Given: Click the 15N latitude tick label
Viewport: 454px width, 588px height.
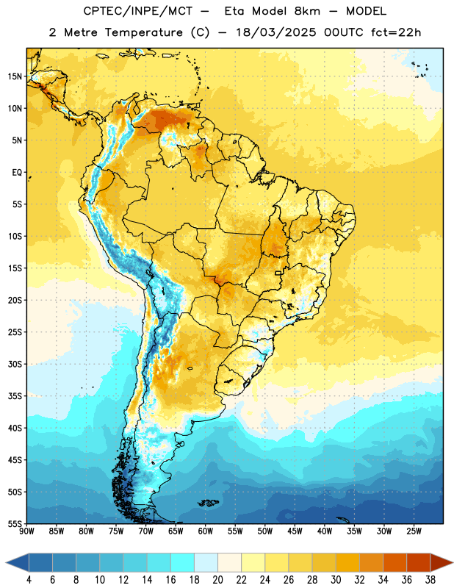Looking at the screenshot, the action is [x=15, y=76].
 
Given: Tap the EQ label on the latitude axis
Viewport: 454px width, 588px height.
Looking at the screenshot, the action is [x=17, y=173].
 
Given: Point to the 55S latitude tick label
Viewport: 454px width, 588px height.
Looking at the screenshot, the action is [x=15, y=523].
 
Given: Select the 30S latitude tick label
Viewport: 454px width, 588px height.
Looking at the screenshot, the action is [x=15, y=364].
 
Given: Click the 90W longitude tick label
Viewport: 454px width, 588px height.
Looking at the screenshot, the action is [x=26, y=531].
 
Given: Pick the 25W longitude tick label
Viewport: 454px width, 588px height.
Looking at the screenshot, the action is [x=414, y=531].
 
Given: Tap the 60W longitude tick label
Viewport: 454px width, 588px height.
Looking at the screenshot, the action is [x=206, y=531].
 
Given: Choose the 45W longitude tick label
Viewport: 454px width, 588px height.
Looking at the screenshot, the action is [x=295, y=531].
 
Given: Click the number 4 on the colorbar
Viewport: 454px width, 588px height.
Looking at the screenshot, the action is [x=29, y=580].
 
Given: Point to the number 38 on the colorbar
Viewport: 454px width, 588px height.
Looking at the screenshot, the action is [x=430, y=580].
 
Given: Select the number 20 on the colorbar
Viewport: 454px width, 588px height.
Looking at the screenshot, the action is [x=217, y=580].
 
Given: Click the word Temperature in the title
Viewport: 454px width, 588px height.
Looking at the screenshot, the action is [x=143, y=32].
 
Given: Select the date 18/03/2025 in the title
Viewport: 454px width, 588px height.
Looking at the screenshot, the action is [x=276, y=32].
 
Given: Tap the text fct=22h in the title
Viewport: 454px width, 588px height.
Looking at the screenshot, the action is [x=396, y=32].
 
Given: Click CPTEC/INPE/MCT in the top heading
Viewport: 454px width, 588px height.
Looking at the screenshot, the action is [x=138, y=11].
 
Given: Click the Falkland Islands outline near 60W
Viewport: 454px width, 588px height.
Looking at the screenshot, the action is [x=208, y=503].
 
